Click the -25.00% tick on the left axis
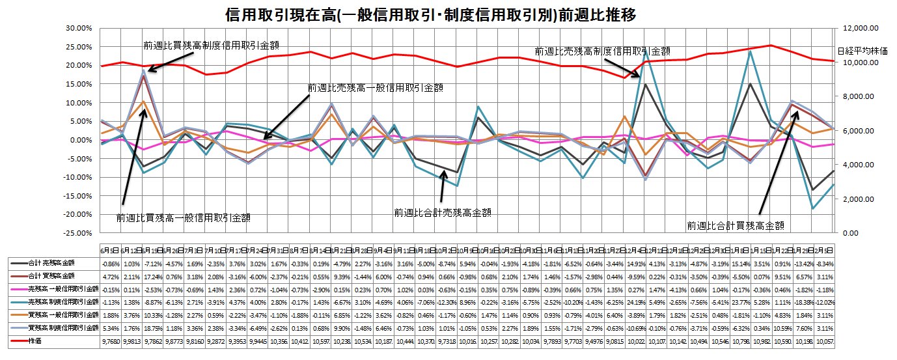(80, 233)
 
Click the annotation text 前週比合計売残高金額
(443, 212)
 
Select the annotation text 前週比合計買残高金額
(735, 225)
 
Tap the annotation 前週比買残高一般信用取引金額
(184, 217)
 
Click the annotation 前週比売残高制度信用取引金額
(603, 50)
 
